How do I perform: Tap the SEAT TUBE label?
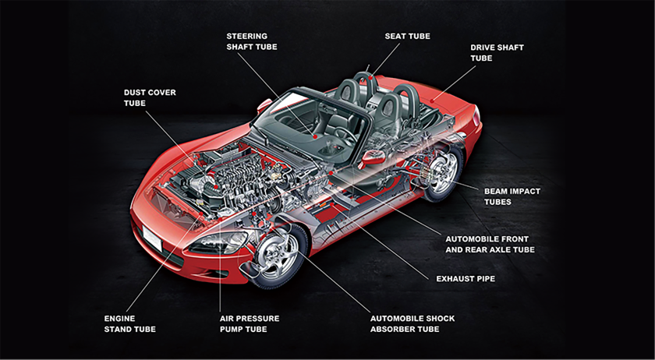click(407, 36)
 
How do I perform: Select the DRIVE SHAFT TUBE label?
click(497, 52)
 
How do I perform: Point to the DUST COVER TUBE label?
click(150, 97)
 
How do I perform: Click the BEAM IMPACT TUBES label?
click(512, 196)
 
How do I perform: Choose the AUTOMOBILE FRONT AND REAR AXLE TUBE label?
click(489, 244)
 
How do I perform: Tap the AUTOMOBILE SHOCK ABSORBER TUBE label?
click(412, 323)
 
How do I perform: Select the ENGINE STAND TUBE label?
click(129, 323)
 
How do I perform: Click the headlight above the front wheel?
click(216, 243)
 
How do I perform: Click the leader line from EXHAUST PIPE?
click(405, 250)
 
